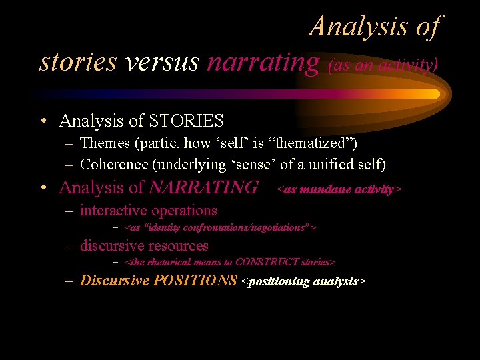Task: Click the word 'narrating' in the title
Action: click(263, 62)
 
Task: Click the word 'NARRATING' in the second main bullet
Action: click(203, 188)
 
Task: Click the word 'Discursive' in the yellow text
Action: click(114, 281)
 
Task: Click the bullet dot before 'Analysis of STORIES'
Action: click(43, 122)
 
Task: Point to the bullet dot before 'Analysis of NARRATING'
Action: click(43, 189)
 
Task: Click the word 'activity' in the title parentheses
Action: click(407, 65)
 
